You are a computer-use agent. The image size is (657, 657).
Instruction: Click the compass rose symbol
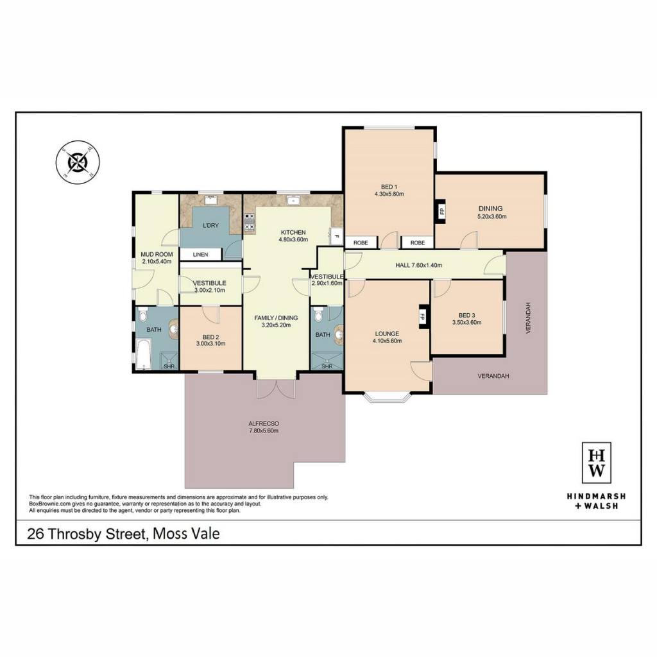pyautogui.click(x=78, y=162)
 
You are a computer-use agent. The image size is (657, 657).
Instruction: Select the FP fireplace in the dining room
pyautogui.click(x=441, y=210)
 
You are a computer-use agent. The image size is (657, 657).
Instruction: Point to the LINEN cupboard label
pyautogui.click(x=200, y=254)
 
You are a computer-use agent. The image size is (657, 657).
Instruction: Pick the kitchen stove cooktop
pyautogui.click(x=250, y=221)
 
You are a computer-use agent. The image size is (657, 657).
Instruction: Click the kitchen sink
pyautogui.click(x=293, y=200)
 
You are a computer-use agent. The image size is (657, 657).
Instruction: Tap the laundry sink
pyautogui.click(x=210, y=200)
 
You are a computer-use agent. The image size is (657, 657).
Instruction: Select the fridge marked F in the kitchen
pyautogui.click(x=336, y=236)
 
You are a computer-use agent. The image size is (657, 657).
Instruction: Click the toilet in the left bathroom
pyautogui.click(x=143, y=314)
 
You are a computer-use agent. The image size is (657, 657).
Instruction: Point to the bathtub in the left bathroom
pyautogui.click(x=142, y=354)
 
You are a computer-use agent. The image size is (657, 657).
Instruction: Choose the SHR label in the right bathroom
pyautogui.click(x=327, y=366)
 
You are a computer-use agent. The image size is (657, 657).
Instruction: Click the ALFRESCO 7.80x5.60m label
pyautogui.click(x=264, y=427)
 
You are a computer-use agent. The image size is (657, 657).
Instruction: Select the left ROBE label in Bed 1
pyautogui.click(x=361, y=243)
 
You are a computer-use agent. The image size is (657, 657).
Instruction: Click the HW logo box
pyautogui.click(x=597, y=463)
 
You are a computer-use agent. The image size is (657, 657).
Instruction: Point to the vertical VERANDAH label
pyautogui.click(x=529, y=318)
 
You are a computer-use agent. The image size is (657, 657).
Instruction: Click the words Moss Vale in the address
pyautogui.click(x=186, y=534)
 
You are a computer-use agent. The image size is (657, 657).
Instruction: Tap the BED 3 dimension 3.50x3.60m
pyautogui.click(x=467, y=322)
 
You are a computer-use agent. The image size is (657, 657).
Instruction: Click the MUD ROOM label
pyautogui.click(x=157, y=254)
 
